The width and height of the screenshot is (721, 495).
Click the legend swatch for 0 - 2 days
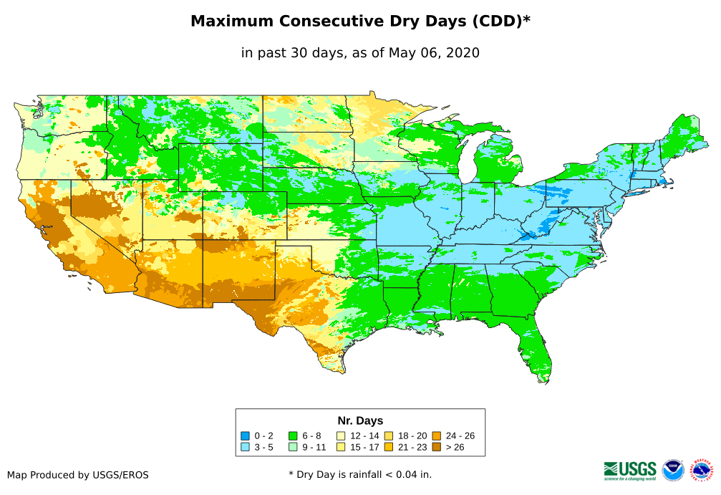pos(245,436)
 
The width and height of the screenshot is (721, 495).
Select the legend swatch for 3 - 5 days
pos(245,447)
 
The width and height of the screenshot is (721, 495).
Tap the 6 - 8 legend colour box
pos(293,436)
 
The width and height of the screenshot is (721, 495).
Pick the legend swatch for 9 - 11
pos(293,447)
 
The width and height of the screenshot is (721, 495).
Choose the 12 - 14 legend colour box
pos(341,436)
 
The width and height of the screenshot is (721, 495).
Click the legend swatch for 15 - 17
pos(341,447)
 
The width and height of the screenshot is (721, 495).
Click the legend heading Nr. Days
pos(360,420)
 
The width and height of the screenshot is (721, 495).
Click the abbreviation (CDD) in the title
pos(494,21)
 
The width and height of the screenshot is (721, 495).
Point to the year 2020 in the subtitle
pos(463,53)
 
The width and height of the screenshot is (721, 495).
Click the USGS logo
pos(630,470)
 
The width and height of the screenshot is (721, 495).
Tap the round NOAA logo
pos(673,470)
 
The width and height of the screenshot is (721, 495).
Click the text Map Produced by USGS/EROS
pos(78,475)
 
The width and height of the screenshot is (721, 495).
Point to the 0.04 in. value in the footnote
pos(411,474)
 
